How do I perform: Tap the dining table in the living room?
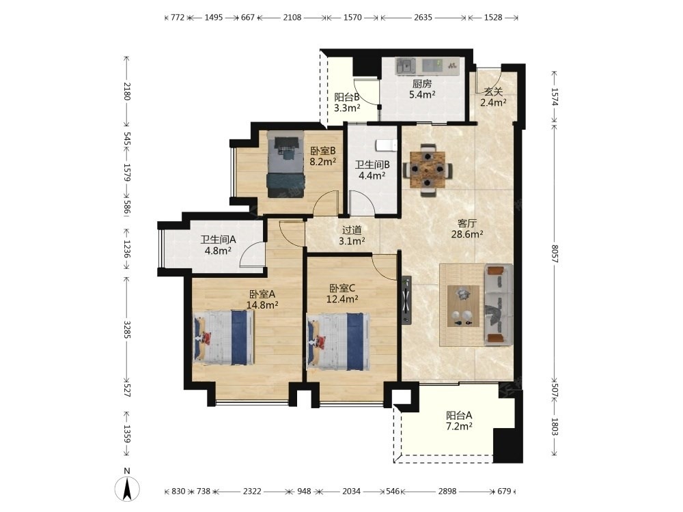428,170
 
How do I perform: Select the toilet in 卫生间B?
387,145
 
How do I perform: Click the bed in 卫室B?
285,165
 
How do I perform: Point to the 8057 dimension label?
555,253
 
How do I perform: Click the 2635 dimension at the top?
423,18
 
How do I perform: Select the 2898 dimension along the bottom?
447,491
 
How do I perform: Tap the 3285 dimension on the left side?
127,330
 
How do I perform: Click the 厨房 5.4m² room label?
422,89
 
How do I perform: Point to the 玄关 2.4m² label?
493,97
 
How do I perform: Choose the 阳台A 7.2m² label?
459,421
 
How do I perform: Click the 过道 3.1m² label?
352,235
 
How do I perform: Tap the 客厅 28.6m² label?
467,229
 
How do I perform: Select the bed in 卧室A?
223,337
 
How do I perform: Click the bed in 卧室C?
339,341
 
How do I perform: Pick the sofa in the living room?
499,304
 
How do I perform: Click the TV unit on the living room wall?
406,300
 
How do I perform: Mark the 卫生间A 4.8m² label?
218,245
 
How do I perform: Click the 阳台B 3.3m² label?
347,103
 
